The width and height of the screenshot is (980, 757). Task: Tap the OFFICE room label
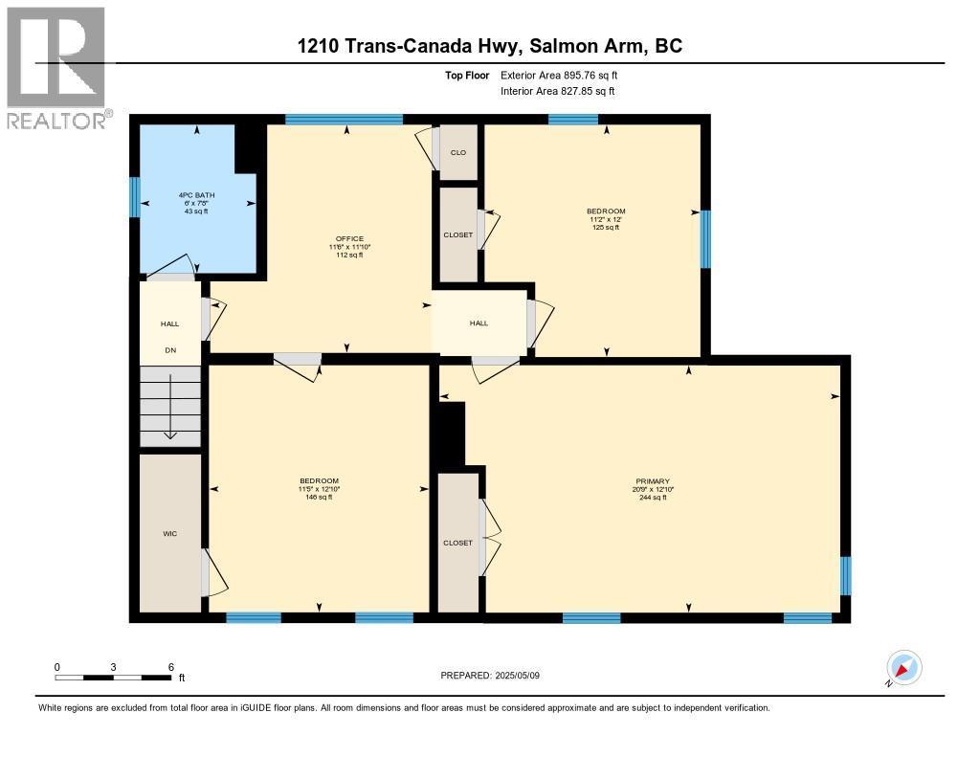[x=348, y=238]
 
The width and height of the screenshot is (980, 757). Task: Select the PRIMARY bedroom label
[x=652, y=481]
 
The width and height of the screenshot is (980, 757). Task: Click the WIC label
[x=169, y=533]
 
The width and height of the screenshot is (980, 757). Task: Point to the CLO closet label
[x=458, y=152]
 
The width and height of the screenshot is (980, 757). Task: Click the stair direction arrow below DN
[x=170, y=408]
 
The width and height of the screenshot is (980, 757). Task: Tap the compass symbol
[x=904, y=667]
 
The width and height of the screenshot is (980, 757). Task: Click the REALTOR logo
[x=56, y=67]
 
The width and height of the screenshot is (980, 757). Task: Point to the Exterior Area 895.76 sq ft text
[x=566, y=75]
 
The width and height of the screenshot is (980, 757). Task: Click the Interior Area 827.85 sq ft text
[x=557, y=91]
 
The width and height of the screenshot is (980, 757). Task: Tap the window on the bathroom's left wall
[x=135, y=197]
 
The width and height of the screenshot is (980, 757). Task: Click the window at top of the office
[x=344, y=120]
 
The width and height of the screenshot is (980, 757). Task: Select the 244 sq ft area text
[x=652, y=498]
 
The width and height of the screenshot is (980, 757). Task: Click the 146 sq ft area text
[x=319, y=498]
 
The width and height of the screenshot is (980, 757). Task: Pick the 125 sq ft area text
[x=606, y=228]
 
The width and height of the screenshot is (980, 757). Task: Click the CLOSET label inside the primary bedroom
[x=457, y=543]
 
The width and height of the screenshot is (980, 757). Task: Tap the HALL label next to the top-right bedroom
[x=479, y=323]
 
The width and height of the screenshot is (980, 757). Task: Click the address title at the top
[x=489, y=46]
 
